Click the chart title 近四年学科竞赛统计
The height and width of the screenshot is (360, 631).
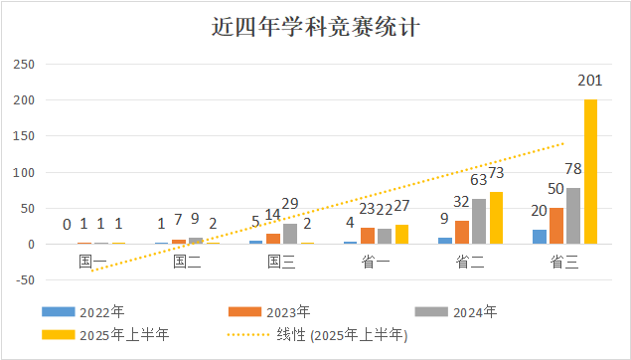(315, 26)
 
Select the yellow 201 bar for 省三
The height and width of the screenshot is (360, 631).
(590, 171)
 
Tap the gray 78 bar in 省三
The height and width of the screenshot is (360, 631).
(573, 216)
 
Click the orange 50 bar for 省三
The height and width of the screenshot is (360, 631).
(555, 226)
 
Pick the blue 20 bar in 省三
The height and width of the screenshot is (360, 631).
(539, 237)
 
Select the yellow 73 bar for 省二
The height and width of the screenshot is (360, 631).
(496, 218)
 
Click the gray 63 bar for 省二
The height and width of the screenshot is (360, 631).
(479, 222)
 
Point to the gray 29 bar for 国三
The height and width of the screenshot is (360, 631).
(290, 234)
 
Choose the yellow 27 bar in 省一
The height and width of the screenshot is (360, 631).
(401, 235)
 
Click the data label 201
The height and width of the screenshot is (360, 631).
(590, 81)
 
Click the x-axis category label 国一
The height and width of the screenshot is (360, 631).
(93, 262)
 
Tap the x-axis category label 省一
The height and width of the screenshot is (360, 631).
(376, 262)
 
